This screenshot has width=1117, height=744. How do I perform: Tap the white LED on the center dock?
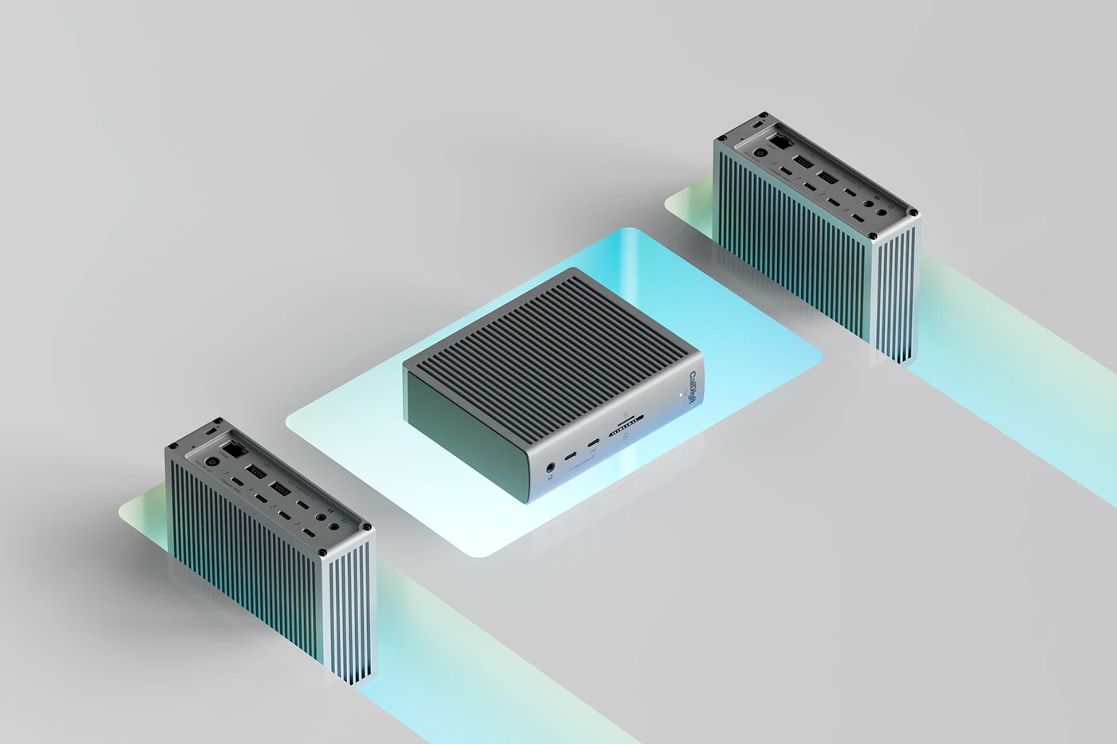click(680, 392)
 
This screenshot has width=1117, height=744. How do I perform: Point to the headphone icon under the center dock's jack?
click(551, 479)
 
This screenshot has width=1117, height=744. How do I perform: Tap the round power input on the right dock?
click(760, 154)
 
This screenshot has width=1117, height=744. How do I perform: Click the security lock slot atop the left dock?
click(209, 430)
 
